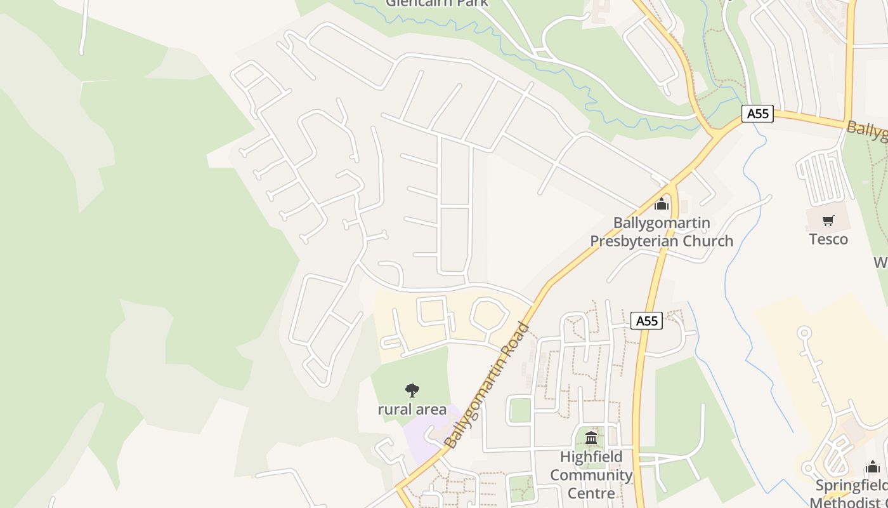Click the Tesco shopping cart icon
point(828,221)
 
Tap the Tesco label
point(828,239)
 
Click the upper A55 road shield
point(757,114)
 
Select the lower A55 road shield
point(646,321)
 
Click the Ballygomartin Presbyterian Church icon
point(662,204)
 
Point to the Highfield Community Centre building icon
point(591,438)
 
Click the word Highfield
point(591,457)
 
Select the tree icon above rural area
point(412,390)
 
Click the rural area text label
point(412,410)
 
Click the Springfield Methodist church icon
point(873,467)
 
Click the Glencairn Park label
point(438,3)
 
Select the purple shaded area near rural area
point(422,438)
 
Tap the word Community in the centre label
point(591,475)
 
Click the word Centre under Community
point(591,493)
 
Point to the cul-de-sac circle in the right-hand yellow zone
point(804,332)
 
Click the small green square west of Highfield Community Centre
point(520,410)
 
